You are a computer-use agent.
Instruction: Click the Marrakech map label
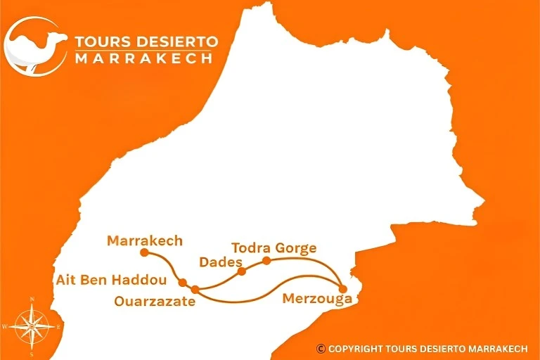(145, 240)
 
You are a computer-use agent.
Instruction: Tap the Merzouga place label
(316, 298)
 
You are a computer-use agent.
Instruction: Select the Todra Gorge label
(274, 247)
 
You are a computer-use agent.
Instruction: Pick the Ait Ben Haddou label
(112, 280)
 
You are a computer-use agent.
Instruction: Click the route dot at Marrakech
(144, 252)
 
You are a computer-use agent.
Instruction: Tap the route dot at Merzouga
(342, 288)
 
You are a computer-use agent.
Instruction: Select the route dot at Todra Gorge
(266, 261)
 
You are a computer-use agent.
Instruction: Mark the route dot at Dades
(241, 271)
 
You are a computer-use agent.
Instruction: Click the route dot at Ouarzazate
(195, 288)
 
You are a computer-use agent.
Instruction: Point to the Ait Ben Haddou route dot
(182, 283)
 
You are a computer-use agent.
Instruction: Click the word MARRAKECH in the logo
(143, 59)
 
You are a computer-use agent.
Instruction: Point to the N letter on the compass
(32, 300)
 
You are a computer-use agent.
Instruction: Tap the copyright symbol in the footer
(321, 348)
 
